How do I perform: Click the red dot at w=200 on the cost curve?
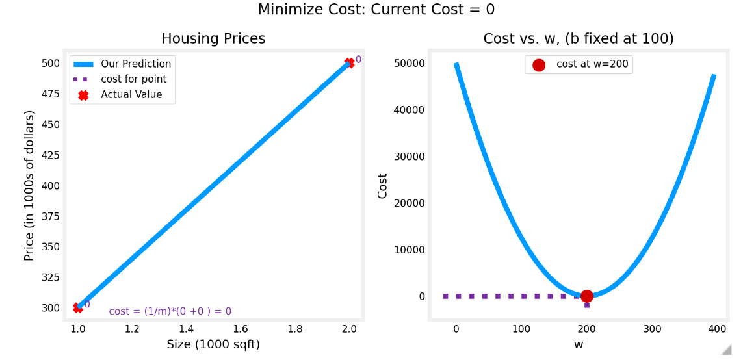586,296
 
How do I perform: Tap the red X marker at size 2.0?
350,63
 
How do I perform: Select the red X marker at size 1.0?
78,307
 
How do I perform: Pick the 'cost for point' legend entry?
133,79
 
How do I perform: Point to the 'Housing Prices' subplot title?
213,39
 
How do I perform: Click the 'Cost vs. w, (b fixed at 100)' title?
578,39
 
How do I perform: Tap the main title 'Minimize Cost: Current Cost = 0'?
376,10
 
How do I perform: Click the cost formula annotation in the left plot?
170,311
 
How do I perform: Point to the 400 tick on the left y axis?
50,186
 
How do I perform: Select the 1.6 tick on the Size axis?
241,329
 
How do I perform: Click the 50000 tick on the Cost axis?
409,63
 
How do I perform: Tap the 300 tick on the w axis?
652,329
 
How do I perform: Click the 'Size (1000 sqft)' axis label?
213,344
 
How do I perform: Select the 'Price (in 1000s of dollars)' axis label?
29,186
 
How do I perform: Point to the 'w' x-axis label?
579,344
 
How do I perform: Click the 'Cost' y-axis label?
383,186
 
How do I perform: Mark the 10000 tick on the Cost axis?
409,250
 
